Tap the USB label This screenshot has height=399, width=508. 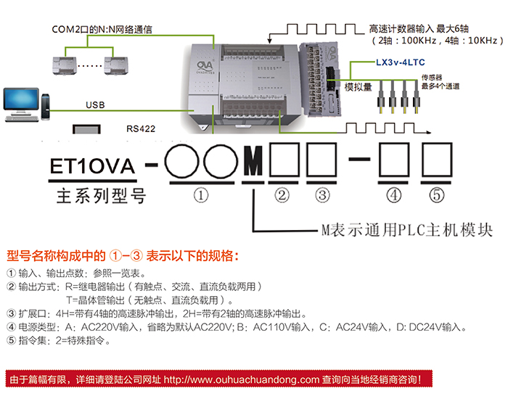[x=95, y=105]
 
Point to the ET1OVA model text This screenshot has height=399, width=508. [x=91, y=167]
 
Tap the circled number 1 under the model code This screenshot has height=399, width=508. [x=202, y=194]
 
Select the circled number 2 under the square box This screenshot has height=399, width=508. [x=282, y=194]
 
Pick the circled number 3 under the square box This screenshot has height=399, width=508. [x=323, y=194]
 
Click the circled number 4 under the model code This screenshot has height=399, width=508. [x=394, y=194]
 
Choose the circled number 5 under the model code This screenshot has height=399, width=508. [x=435, y=194]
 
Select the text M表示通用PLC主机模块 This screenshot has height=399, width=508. [x=406, y=230]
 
